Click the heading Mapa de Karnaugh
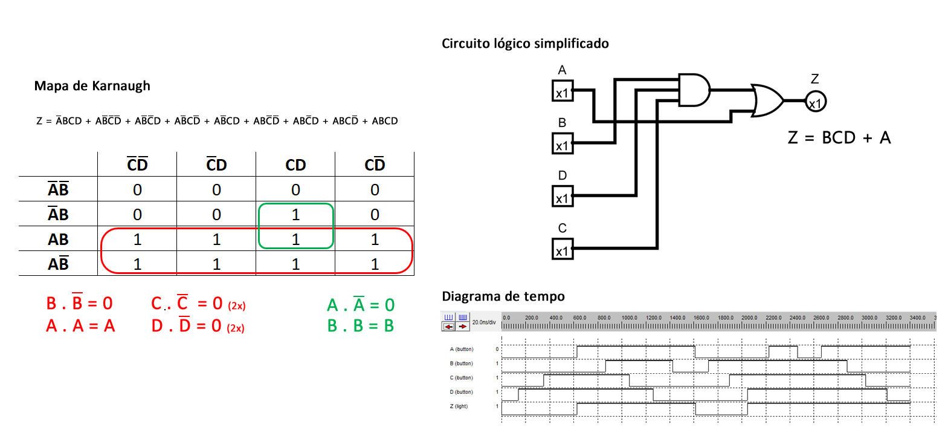92,86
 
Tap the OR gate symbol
767,100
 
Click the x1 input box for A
563,92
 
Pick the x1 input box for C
563,249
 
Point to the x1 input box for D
563,197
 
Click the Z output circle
815,102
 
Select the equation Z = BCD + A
839,138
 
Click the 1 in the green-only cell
295,215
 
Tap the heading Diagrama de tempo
503,296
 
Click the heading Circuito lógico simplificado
525,44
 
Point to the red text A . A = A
80,326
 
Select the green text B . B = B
361,326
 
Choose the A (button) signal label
462,350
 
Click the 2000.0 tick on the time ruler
749,318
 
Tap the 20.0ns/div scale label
485,322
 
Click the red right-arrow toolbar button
463,326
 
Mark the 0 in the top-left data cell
137,190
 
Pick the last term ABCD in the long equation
385,121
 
